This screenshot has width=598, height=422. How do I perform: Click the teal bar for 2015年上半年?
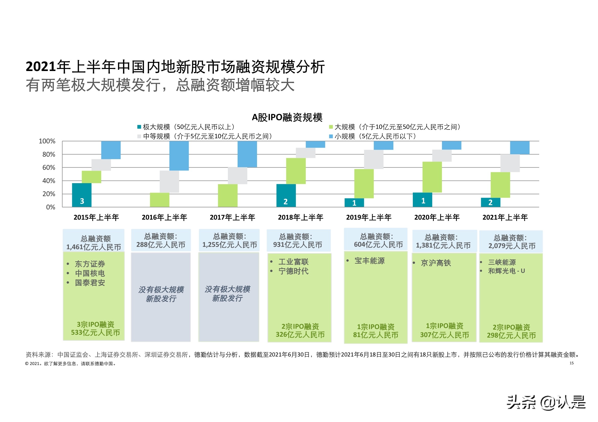(82, 195)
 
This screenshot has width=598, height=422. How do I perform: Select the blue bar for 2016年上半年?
(179, 156)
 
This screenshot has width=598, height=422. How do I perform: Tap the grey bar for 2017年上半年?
(237, 175)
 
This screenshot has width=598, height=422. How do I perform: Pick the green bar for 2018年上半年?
(296, 171)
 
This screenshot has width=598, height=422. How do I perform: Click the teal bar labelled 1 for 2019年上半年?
(354, 203)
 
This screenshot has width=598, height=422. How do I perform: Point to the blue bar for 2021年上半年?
(519, 147)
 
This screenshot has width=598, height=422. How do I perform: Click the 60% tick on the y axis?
(49, 168)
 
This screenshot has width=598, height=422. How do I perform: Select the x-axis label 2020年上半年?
(437, 217)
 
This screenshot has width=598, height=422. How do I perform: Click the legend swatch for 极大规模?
(139, 127)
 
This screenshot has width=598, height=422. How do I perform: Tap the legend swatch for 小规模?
(331, 136)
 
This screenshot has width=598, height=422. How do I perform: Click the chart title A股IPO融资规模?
(287, 118)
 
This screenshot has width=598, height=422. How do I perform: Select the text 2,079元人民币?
(512, 246)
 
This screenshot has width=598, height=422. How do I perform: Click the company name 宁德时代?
(293, 271)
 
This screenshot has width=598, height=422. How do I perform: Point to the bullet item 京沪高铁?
(436, 263)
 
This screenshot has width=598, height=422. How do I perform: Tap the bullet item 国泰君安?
(90, 283)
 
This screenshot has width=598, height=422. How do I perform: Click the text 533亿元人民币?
(95, 333)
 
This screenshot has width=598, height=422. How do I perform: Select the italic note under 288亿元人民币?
(161, 294)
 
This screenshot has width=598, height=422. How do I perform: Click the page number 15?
(571, 363)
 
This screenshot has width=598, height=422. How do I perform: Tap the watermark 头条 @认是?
(546, 402)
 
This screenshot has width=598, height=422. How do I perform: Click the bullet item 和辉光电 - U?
(506, 271)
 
